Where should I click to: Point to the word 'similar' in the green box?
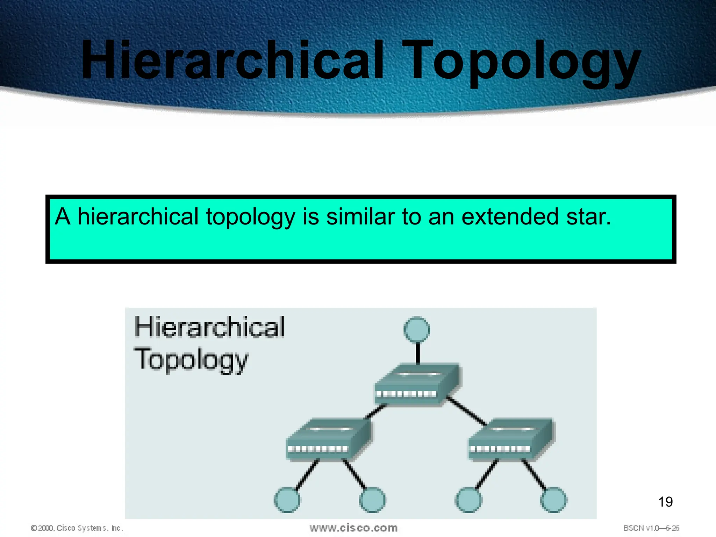(x=360, y=216)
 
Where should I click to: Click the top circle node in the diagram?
(x=417, y=330)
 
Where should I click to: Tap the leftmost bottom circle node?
(x=287, y=500)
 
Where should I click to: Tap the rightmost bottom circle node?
(x=554, y=500)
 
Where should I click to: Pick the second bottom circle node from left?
(x=372, y=500)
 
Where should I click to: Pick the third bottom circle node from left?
(x=468, y=500)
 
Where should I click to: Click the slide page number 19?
(x=665, y=502)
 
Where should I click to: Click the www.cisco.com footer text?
(x=353, y=528)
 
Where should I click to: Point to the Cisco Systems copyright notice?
(x=77, y=528)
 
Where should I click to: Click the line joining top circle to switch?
(x=417, y=353)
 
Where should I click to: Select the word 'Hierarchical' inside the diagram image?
(x=209, y=327)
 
